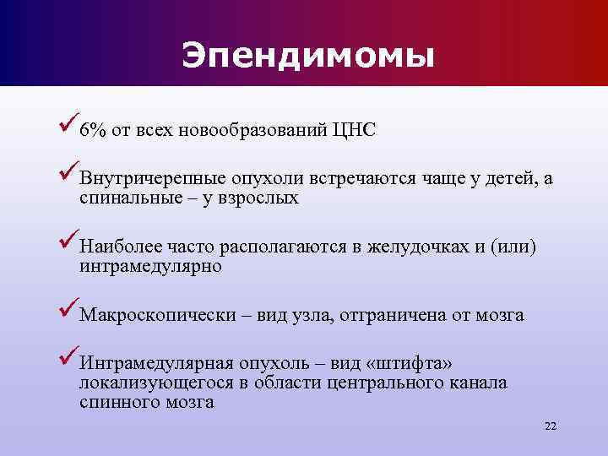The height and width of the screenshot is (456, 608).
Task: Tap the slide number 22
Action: (551, 426)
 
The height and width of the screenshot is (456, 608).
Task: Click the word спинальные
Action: (122, 199)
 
